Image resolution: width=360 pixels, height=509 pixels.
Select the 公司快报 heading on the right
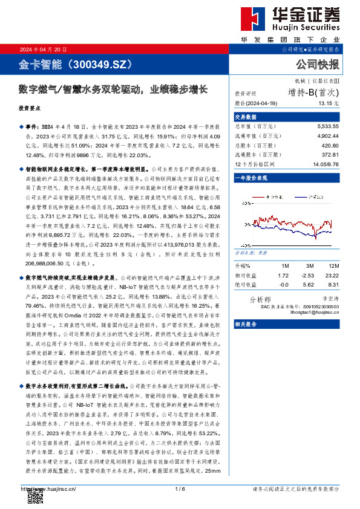click(317, 63)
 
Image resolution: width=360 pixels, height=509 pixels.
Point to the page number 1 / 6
click(179, 488)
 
